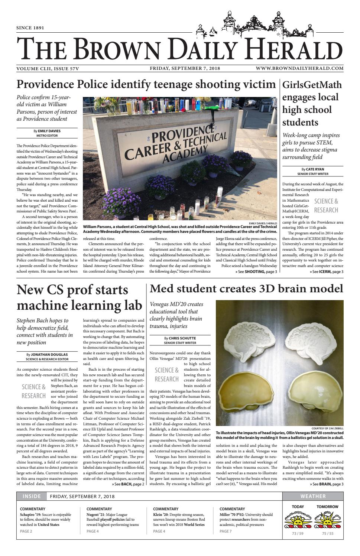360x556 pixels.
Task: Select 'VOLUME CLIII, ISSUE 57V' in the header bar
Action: [x=48, y=68]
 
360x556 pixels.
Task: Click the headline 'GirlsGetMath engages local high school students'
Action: [x=312, y=103]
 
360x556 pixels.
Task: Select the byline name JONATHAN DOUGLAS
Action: [x=49, y=355]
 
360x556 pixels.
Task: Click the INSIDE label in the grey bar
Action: [x=32, y=496]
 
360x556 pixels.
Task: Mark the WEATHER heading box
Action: [x=313, y=496]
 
